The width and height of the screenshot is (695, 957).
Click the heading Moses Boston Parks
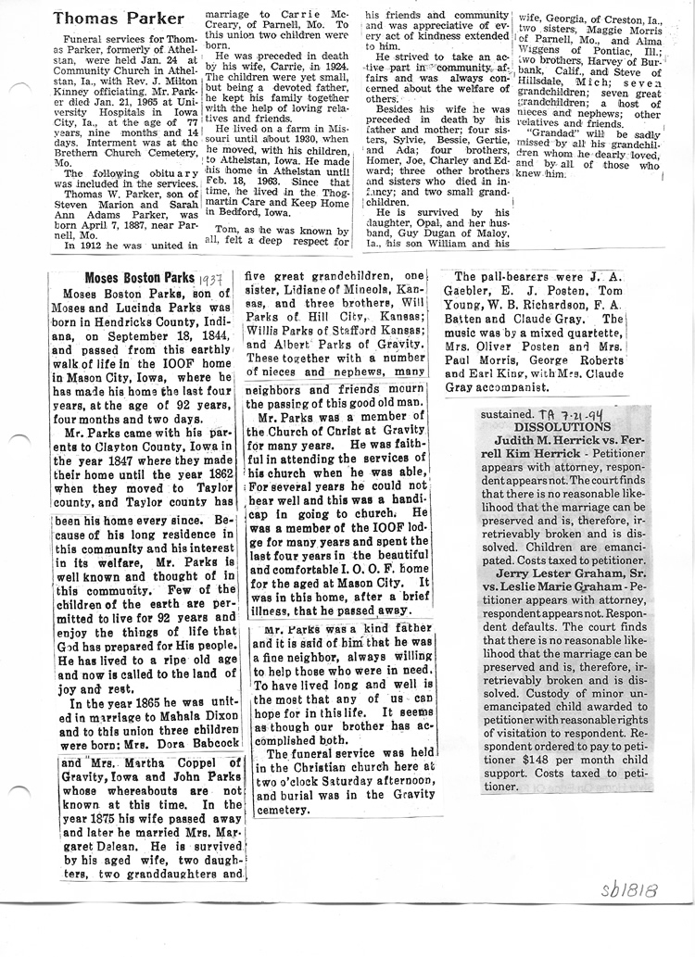click(x=139, y=278)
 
